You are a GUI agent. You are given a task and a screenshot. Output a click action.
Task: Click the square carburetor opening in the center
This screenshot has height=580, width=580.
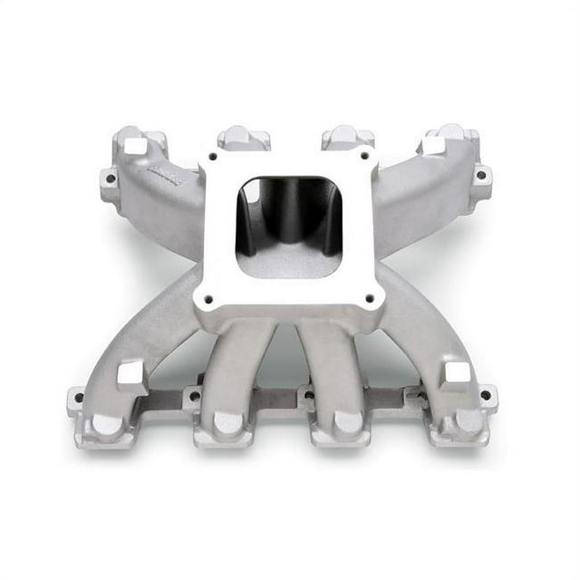point(288,227)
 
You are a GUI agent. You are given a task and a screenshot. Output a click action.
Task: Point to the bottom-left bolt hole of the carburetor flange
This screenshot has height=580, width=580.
point(208,296)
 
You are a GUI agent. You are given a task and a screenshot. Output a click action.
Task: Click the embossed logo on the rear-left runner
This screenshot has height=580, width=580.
point(167,180)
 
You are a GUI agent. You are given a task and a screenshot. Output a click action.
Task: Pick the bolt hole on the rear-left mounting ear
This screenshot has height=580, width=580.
point(110,179)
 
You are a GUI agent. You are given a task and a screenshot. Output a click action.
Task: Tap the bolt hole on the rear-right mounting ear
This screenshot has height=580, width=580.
point(478,174)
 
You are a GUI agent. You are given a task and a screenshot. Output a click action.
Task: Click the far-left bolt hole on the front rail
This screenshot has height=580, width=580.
point(79,397)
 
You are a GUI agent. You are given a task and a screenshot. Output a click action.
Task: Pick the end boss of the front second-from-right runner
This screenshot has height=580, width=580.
point(347,422)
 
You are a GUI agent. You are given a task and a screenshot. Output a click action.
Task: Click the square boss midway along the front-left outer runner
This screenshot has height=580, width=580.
point(131,373)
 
